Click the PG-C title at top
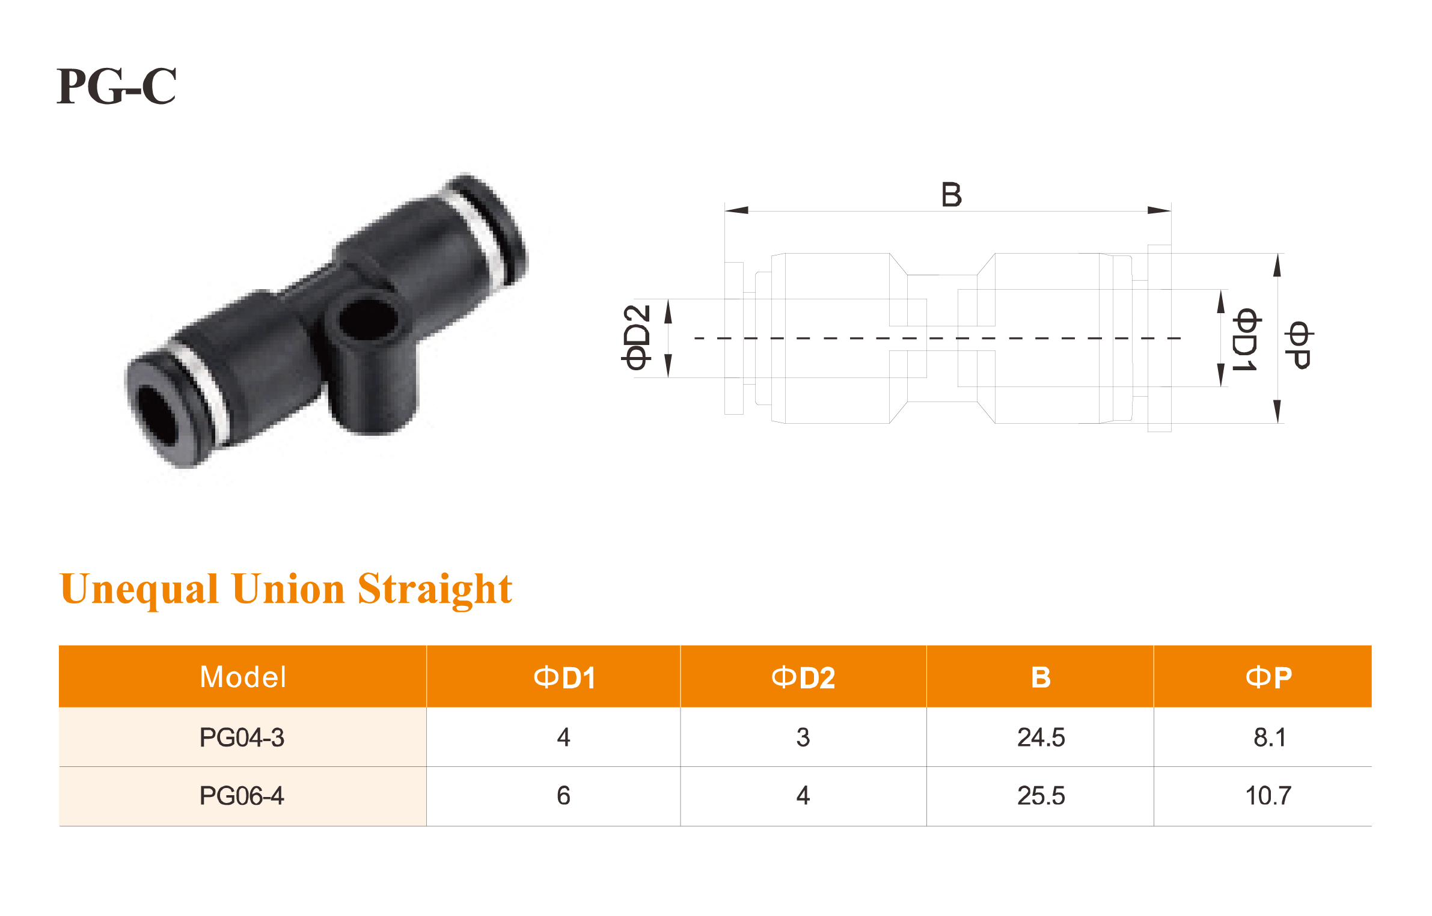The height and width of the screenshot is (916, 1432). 117,86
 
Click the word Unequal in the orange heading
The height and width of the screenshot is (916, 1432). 139,589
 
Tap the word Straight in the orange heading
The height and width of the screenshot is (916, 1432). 435,589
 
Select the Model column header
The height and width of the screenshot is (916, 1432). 243,677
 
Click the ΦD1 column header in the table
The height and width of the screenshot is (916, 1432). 565,677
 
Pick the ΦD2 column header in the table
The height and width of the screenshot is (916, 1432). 803,677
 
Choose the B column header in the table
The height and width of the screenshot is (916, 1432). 1041,677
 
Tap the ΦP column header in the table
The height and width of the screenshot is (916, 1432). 1268,677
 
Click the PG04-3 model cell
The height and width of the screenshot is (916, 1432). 242,737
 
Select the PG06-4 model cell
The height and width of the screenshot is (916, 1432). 242,796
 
